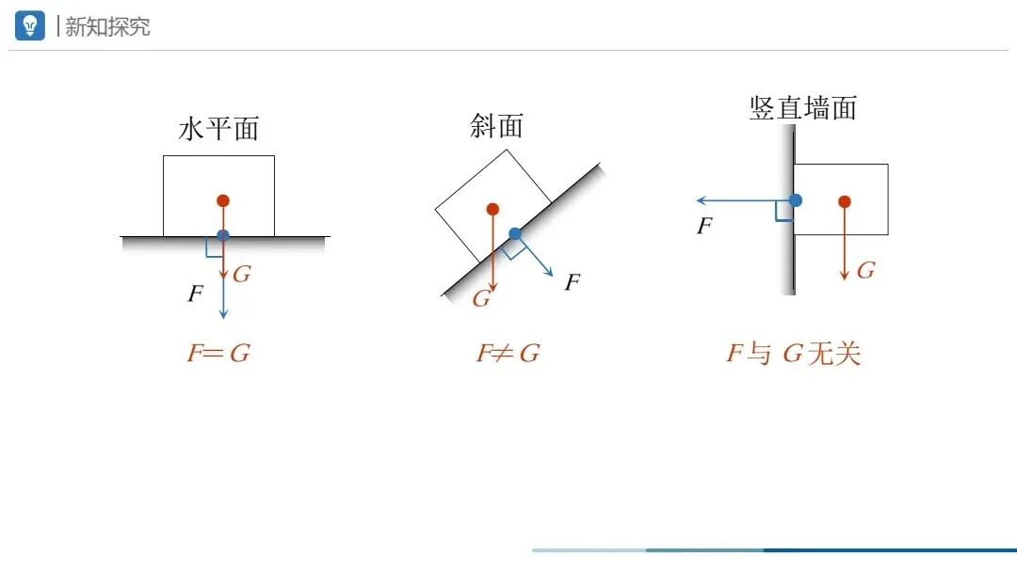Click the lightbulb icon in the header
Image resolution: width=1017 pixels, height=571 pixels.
30,25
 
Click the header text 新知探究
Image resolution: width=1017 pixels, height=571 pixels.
107,26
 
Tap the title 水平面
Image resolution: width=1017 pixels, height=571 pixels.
218,129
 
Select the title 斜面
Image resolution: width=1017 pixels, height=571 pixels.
496,126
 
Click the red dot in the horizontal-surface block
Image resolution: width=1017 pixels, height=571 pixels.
223,200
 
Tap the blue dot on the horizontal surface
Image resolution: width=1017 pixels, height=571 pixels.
223,235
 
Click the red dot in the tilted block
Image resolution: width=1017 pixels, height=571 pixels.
492,209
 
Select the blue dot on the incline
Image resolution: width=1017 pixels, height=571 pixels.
515,233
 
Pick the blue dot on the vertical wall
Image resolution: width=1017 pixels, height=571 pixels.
796,200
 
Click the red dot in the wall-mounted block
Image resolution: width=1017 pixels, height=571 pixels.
845,201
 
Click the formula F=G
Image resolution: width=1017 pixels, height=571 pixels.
218,354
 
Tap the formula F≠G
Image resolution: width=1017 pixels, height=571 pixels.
508,354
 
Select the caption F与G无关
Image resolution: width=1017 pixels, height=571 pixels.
793,354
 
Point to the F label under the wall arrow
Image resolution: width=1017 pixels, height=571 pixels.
703,226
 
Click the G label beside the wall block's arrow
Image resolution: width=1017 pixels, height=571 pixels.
865,271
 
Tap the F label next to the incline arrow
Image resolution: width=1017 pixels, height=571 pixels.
572,282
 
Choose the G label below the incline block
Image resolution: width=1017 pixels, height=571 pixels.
481,299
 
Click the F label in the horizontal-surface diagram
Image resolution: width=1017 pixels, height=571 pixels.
195,293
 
